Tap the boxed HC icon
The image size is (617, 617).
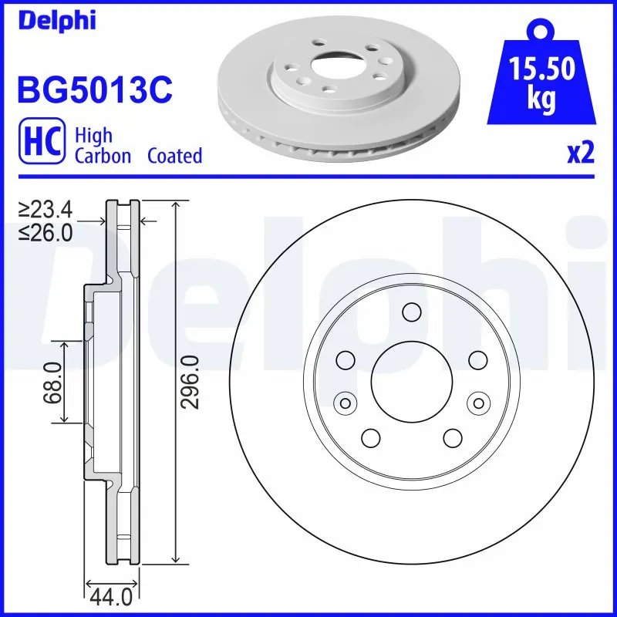(x=44, y=143)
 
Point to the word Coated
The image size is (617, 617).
(x=174, y=156)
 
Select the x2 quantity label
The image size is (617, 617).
(x=580, y=153)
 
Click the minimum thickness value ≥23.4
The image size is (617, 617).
(x=46, y=209)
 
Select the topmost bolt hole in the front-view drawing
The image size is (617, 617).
(x=412, y=312)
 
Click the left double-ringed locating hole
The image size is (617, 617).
(x=345, y=402)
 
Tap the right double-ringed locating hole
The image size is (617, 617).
(x=479, y=402)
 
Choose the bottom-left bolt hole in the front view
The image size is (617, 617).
(x=371, y=437)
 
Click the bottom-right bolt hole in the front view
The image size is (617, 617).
(x=453, y=437)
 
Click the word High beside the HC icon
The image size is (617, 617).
(x=93, y=136)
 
